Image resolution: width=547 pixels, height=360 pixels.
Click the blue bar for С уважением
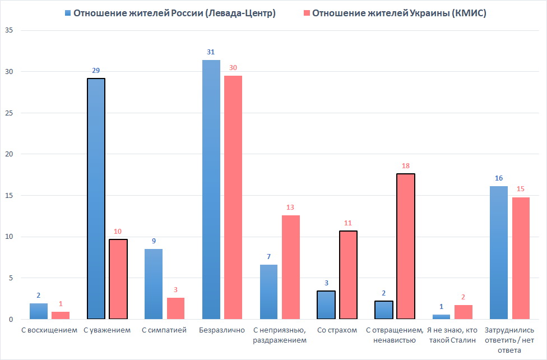(96, 199)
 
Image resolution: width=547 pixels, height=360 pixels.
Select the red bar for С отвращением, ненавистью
(406, 247)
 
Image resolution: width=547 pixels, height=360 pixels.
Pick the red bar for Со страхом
(348, 275)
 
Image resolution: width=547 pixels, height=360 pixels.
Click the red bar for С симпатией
(175, 308)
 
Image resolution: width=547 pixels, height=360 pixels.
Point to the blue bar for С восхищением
(39, 311)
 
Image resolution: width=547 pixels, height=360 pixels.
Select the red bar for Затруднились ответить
(521, 258)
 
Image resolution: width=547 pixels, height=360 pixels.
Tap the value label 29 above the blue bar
(96, 71)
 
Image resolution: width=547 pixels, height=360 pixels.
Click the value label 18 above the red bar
(406, 167)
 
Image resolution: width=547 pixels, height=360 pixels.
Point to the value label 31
(211, 52)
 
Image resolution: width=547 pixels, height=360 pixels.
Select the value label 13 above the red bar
(290, 207)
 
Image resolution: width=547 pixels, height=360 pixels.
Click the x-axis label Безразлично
(222, 330)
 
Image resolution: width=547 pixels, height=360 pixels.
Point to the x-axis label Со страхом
(337, 330)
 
